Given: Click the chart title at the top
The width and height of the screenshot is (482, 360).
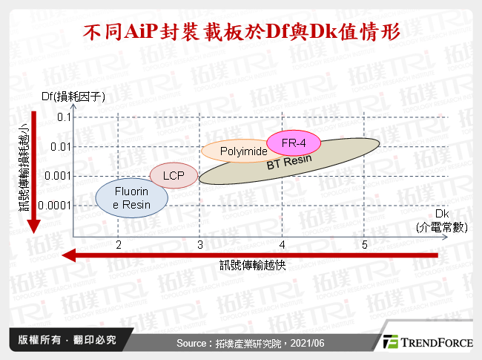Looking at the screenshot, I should [x=242, y=33].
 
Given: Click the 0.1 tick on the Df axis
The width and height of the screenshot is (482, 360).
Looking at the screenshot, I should [x=62, y=117].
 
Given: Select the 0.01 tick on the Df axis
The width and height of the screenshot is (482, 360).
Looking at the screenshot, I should [x=59, y=147].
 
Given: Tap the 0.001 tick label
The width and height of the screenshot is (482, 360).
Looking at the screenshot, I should [x=56, y=176].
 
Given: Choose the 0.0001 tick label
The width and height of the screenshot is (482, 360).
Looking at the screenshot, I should [x=54, y=206].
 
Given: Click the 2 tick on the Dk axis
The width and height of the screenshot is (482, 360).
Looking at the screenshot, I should [x=118, y=244].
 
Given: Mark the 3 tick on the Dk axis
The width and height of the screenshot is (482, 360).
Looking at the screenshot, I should [x=199, y=244].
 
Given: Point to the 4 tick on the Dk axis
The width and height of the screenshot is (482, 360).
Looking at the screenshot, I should [x=282, y=244].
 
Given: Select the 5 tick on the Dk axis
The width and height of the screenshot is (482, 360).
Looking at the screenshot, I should [x=364, y=244].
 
